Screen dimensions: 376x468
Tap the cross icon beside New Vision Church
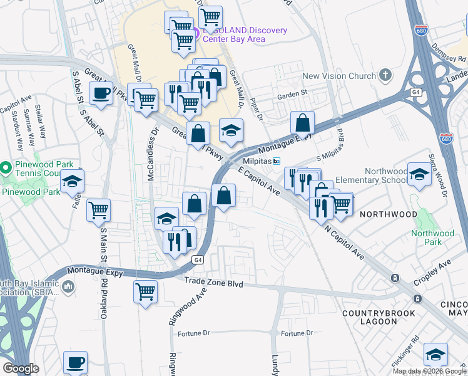[x=385, y=76]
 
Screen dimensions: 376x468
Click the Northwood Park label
[x=432, y=238]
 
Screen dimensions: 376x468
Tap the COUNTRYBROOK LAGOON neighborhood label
[x=369, y=316]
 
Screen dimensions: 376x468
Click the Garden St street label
[x=293, y=95]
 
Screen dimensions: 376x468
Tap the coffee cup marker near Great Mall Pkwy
[x=100, y=94]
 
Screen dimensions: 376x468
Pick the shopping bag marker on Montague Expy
[x=302, y=123]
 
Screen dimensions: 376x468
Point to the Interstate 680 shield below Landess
[x=445, y=138]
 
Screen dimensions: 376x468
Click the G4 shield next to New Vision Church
[x=415, y=92]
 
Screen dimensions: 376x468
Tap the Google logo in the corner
[x=21, y=368]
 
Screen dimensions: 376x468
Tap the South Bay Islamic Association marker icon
[x=68, y=286]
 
